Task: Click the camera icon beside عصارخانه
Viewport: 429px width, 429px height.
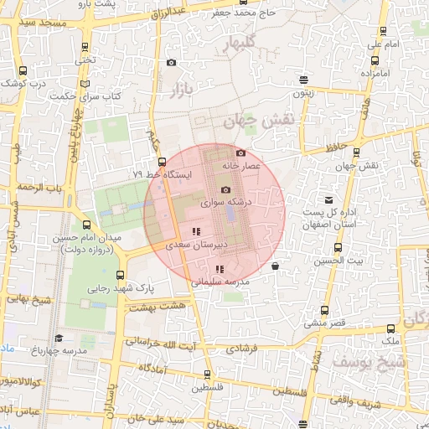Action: (x=241, y=152)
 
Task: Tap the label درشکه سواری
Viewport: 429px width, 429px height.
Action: (x=224, y=203)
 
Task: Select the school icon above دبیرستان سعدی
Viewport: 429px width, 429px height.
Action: (x=195, y=231)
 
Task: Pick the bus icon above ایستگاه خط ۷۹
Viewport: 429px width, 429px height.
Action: (x=162, y=162)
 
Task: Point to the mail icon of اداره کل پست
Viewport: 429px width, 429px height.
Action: (x=329, y=200)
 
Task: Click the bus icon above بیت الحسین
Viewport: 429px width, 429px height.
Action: (x=338, y=248)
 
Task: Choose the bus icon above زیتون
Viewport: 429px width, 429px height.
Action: (x=303, y=80)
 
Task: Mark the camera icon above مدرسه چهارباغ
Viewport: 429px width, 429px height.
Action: (x=59, y=338)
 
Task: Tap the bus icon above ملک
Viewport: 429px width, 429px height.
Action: (x=390, y=329)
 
